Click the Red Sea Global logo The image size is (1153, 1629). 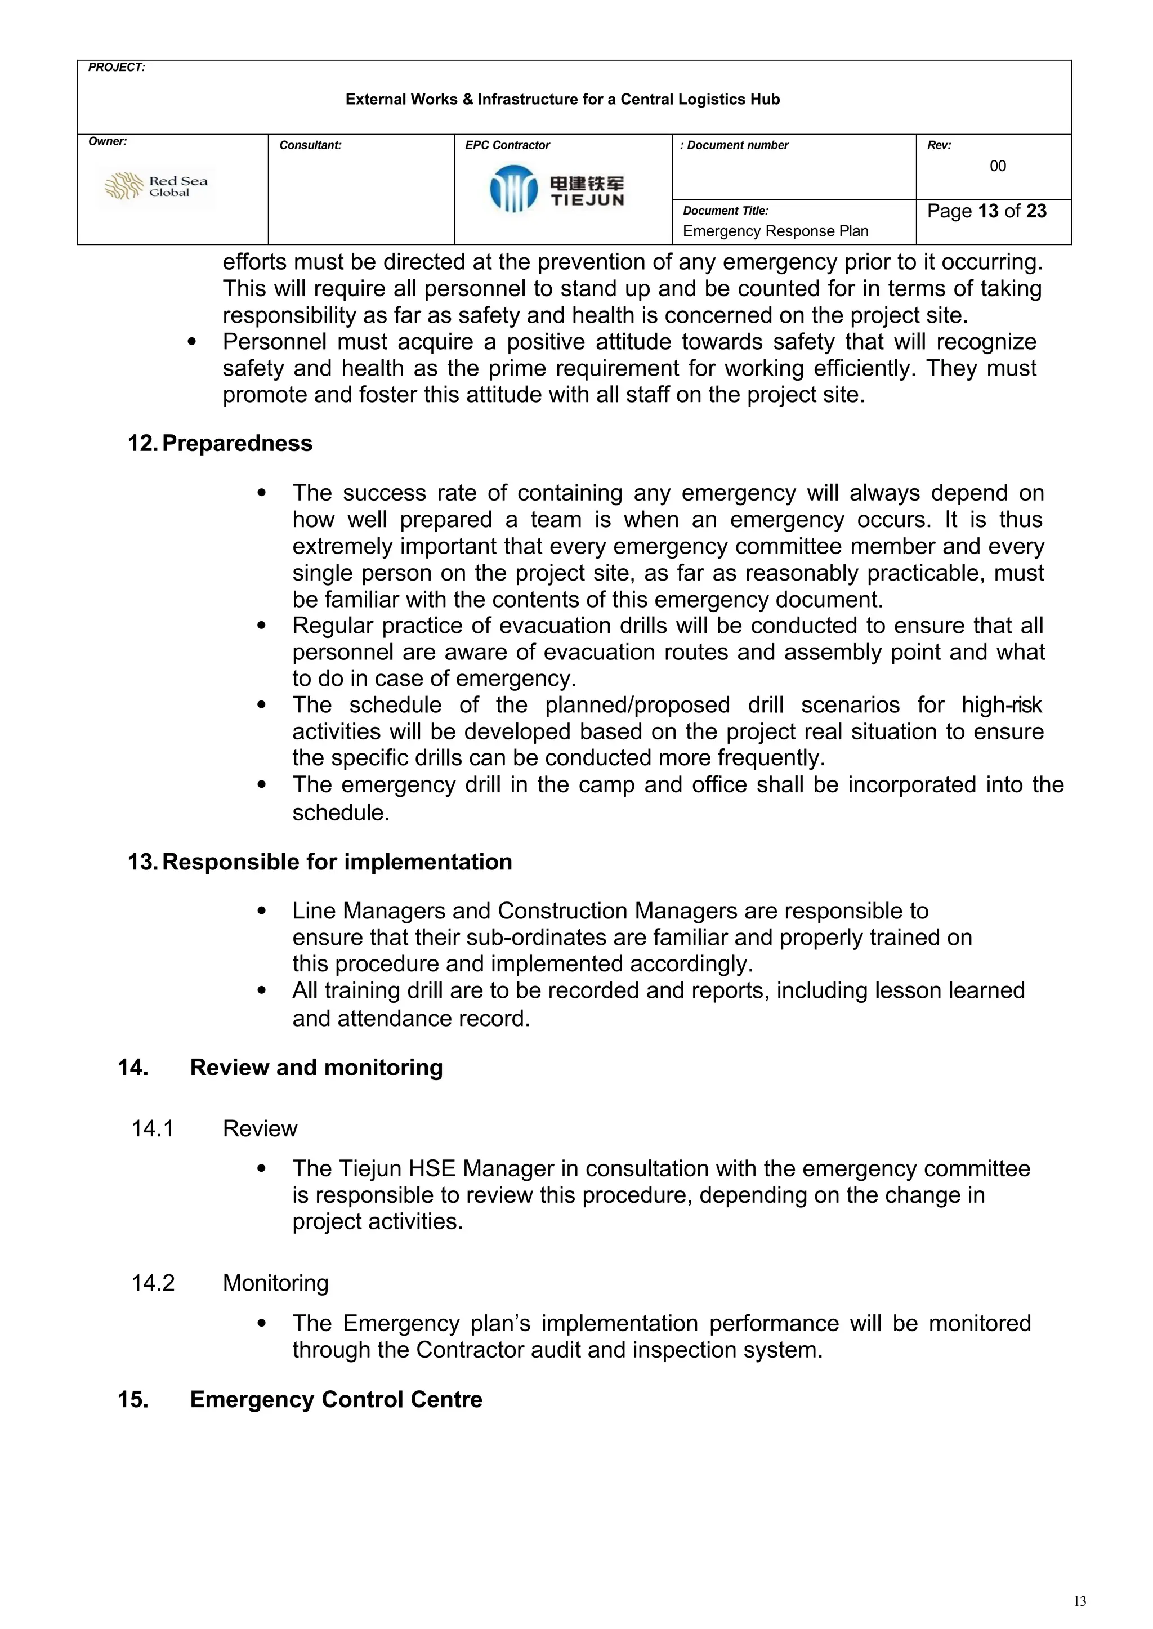tap(156, 187)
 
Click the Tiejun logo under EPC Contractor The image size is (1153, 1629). tap(557, 189)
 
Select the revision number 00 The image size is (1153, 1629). tap(998, 166)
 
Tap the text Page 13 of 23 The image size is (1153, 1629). tap(986, 212)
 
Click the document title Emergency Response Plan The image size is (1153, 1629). tap(775, 231)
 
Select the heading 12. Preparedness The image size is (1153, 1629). tap(220, 443)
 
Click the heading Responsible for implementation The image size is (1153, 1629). tap(337, 862)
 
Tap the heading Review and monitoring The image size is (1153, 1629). tap(316, 1067)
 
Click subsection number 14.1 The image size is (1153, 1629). tap(153, 1128)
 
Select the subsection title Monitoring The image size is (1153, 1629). tap(275, 1283)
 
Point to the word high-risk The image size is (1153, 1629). tap(1001, 705)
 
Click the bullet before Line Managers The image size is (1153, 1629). tap(262, 911)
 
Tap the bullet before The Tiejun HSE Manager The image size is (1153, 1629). tap(262, 1169)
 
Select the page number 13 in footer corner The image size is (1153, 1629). tap(1079, 1601)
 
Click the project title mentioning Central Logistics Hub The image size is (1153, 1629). tap(562, 100)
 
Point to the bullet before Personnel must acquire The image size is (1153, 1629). tap(191, 342)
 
